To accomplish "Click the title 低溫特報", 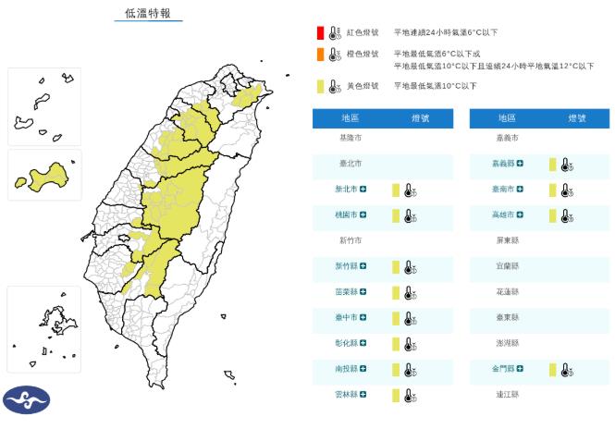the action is [x=148, y=13].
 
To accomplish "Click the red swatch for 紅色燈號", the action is [x=318, y=32].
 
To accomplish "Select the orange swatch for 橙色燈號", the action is [x=318, y=55].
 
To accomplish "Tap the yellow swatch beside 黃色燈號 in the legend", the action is [x=318, y=86].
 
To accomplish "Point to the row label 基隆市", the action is [x=351, y=137].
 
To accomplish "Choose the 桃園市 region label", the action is [x=347, y=215].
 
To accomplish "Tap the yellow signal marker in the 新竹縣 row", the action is [x=395, y=267].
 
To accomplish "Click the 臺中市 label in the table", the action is [x=347, y=318].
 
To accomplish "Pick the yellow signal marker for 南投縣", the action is [x=395, y=370].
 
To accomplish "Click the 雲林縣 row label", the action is [x=347, y=395].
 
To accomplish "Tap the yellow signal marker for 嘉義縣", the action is [x=552, y=165].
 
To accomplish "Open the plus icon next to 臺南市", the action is [x=520, y=190].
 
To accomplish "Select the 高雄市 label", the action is [x=504, y=215].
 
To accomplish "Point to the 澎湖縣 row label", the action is [x=508, y=343].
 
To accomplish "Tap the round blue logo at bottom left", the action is [x=26, y=400].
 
